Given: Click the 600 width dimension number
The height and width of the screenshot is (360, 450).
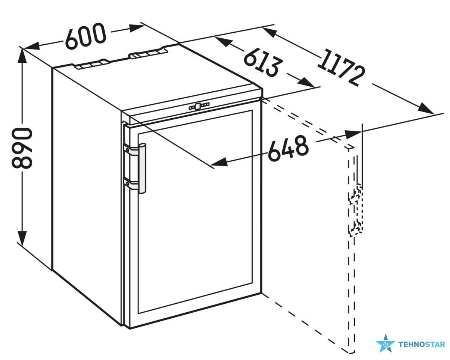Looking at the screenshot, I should click(86, 36).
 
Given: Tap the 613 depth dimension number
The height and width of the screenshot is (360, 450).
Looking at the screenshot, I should click(262, 62).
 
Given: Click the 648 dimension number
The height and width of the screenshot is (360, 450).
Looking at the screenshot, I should click(288, 148).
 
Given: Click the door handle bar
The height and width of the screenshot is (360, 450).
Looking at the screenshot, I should click(142, 168).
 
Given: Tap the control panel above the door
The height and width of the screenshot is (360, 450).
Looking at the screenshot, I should click(199, 106).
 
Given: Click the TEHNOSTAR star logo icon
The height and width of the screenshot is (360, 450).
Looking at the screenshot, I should click(385, 343).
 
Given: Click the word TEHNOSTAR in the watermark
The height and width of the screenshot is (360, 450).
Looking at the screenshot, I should click(421, 344).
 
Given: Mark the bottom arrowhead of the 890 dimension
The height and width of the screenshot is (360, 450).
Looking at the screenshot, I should click(23, 239).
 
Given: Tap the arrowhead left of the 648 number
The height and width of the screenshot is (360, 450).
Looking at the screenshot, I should click(219, 163).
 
